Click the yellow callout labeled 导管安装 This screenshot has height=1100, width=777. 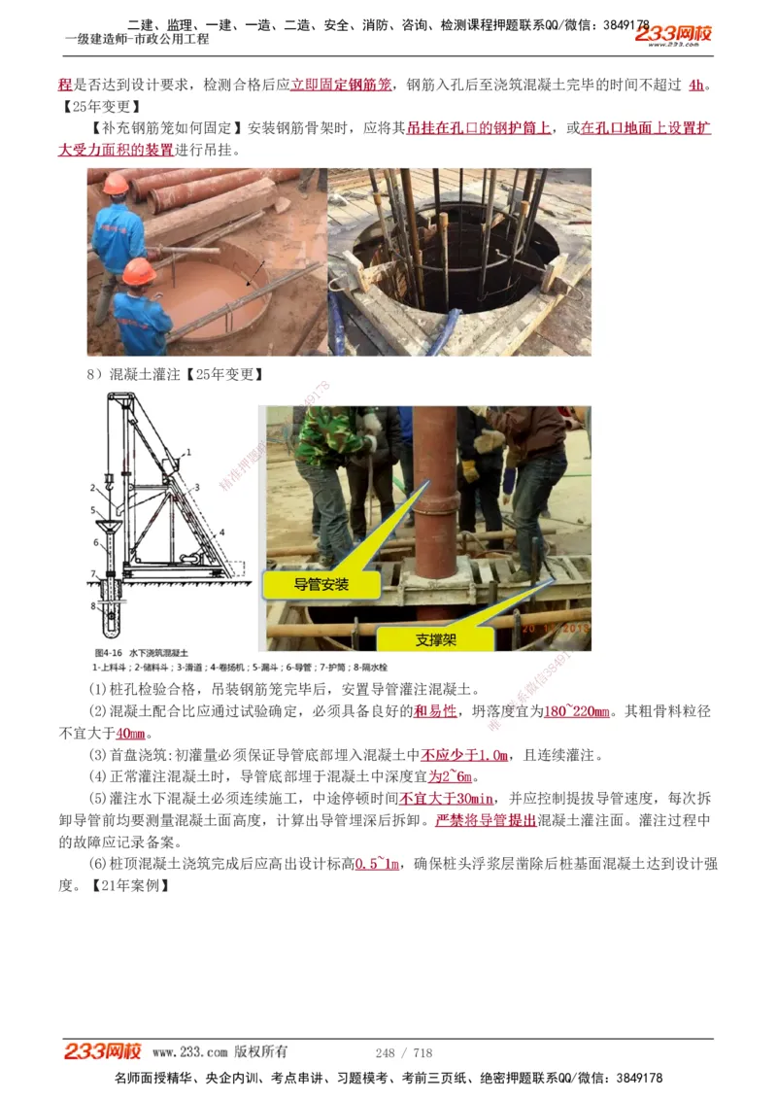tap(321, 584)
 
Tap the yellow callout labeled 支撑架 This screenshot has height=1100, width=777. tap(436, 639)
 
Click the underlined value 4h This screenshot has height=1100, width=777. tap(696, 85)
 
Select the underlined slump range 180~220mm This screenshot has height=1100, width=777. tap(578, 711)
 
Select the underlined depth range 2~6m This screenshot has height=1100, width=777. tap(453, 776)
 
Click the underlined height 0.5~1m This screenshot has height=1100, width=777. tap(378, 864)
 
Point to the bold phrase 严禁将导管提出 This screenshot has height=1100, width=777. tap(486, 820)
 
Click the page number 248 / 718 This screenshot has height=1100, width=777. tap(403, 1052)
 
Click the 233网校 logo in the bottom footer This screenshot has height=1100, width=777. tap(103, 1051)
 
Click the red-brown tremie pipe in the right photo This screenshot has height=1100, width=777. tap(436, 486)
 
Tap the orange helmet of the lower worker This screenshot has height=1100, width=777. tap(139, 271)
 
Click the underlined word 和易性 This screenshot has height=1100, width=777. tap(435, 711)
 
